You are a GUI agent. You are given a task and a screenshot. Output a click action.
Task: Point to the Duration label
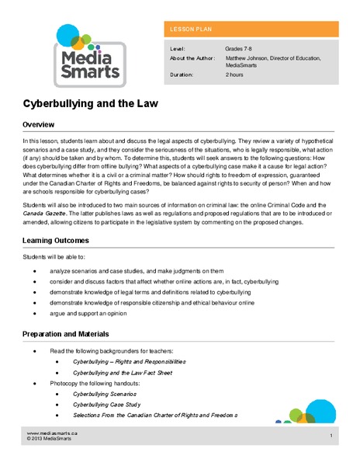coord(182,76)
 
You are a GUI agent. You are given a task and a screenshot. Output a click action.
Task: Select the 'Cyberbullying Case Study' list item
coord(107,405)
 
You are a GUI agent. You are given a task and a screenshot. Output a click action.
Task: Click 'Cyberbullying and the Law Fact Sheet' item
coord(124,373)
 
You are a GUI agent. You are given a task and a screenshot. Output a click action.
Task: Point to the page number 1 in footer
coord(331,436)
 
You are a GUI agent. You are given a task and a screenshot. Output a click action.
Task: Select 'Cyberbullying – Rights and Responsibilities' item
coord(129,362)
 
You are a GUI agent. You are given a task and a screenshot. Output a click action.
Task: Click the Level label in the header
coord(177,48)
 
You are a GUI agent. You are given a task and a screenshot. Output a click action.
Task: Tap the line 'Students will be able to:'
coord(55,256)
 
